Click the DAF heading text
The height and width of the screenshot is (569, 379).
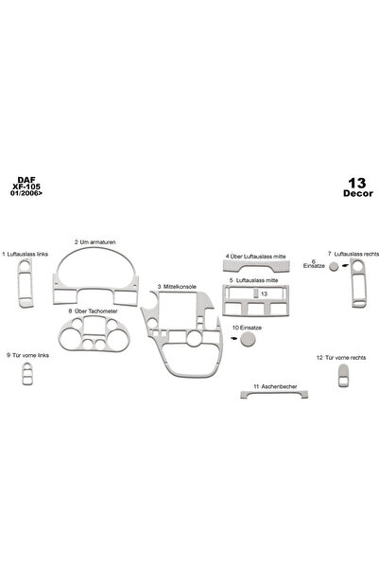point(26,180)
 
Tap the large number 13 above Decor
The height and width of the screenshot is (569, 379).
point(357,184)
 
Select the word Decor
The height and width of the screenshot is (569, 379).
point(358,193)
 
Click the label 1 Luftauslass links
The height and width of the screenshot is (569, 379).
point(25,254)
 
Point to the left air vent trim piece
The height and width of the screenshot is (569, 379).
point(26,283)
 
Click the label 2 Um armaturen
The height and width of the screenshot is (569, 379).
point(95,242)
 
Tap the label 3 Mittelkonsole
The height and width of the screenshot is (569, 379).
point(177,287)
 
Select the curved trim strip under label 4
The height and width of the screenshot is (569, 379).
point(256,267)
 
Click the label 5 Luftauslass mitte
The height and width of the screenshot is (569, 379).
point(253,280)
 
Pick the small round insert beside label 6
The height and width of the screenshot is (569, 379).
point(334,267)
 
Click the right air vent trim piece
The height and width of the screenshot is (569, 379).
point(358,283)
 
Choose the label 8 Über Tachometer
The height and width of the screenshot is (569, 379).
point(93,311)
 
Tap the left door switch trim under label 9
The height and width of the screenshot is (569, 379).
point(27,373)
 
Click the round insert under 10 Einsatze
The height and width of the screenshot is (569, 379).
point(248,339)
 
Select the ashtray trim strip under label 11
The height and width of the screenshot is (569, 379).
point(274,394)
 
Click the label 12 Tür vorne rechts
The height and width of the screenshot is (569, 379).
point(341,358)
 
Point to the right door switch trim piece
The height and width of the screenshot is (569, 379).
point(343,376)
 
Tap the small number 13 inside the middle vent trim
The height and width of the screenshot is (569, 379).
point(264,293)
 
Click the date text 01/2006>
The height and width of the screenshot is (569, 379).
point(26,193)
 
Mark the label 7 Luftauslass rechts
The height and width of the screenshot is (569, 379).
point(353,254)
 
